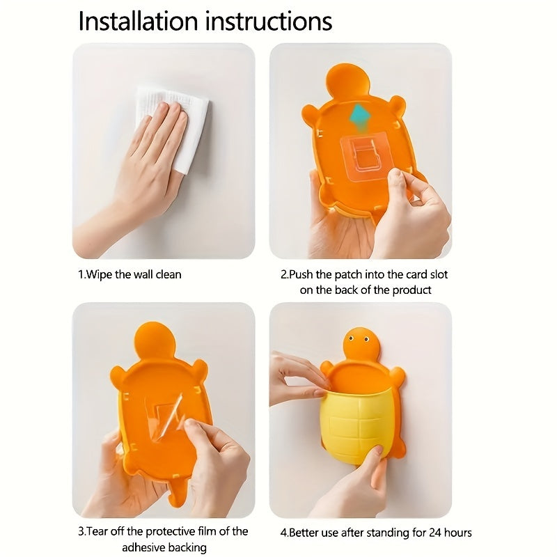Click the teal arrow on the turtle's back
[359, 116]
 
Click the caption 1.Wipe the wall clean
[129, 274]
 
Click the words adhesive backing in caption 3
[164, 548]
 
